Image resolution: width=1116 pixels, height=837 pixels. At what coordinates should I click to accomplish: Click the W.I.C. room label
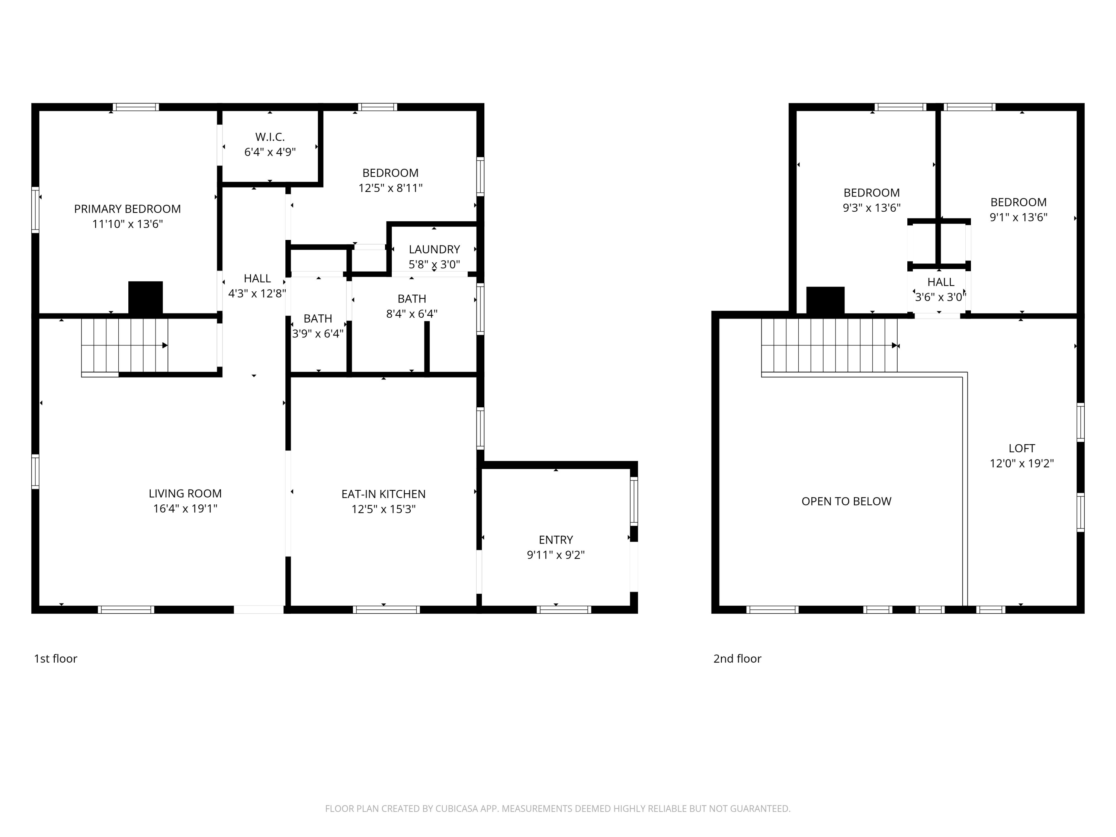coord(270,137)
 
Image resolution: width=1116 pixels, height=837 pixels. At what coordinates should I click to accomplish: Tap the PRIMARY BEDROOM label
coord(127,209)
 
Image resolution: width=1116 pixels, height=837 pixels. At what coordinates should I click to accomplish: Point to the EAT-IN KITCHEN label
coord(384,494)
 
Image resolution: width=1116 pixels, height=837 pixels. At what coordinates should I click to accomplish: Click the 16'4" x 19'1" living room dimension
coord(185,509)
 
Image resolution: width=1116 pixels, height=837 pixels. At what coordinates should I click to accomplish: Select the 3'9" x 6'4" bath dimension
coord(318,333)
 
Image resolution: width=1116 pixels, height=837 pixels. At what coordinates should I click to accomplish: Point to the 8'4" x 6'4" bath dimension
coord(412,314)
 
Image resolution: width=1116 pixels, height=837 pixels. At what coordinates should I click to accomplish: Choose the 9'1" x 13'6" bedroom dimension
coord(1018,218)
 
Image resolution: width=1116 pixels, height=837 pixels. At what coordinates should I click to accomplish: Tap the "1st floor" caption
coord(55,658)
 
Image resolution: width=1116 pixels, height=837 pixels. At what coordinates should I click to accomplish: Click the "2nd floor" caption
coord(737,658)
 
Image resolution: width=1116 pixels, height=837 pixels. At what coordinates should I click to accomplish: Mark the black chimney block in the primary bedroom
coord(145,298)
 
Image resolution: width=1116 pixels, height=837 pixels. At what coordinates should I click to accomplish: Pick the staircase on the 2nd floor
coord(830,346)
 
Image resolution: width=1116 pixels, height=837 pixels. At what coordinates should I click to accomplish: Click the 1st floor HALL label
coord(257,279)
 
